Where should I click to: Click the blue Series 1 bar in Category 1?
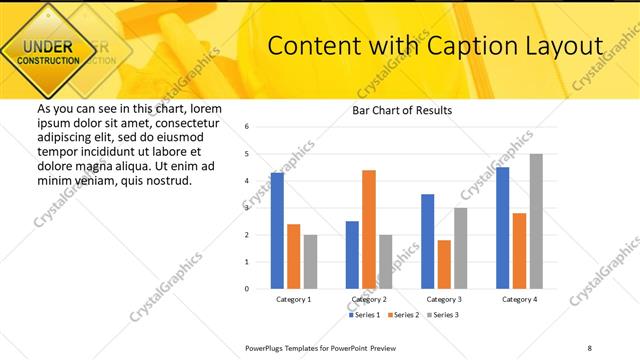277,231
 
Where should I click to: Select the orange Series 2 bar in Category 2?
369,229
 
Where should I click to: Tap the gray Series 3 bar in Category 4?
536,221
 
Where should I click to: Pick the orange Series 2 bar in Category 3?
444,264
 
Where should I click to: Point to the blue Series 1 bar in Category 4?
503,228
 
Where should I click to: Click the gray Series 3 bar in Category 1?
310,262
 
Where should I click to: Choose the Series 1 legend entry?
367,315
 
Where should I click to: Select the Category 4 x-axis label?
519,299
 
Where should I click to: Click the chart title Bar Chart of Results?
402,110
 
